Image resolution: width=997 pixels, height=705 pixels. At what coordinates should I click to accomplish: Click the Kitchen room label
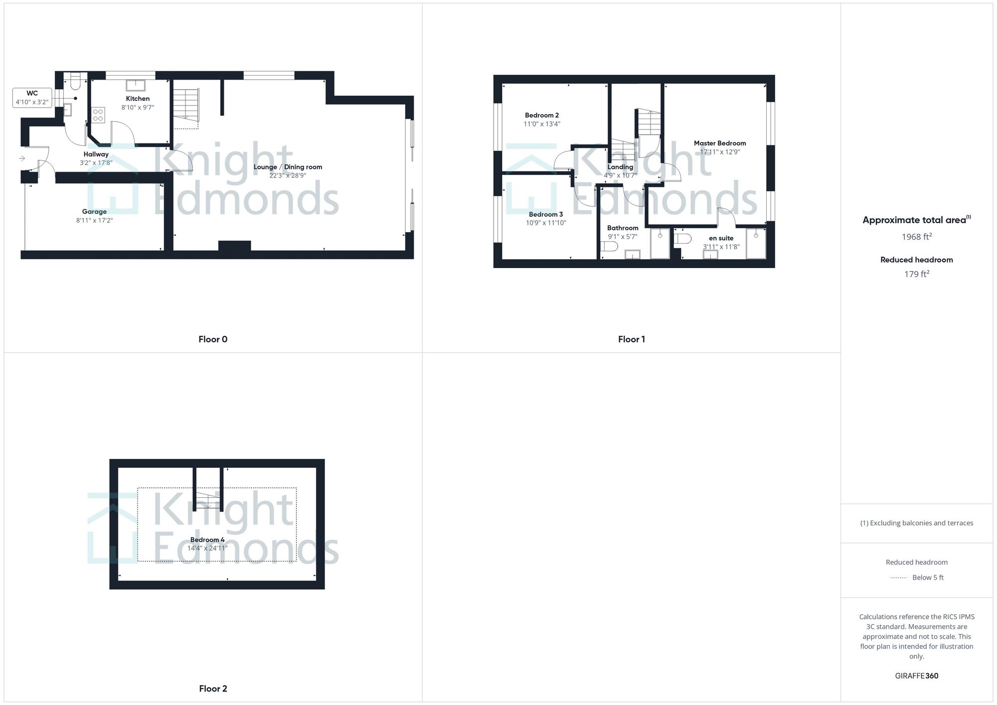138,99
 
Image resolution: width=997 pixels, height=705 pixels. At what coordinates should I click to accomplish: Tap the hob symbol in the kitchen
98,115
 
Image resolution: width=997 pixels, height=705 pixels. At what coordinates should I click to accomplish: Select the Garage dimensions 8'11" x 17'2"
94,220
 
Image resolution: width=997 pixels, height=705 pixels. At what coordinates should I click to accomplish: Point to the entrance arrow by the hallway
22,158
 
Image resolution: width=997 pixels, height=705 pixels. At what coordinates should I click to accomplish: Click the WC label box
32,97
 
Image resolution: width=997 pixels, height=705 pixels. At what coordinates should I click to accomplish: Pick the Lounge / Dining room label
288,167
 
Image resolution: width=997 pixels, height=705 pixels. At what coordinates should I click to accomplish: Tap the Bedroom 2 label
541,115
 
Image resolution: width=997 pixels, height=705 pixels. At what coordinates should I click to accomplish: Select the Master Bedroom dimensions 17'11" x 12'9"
720,152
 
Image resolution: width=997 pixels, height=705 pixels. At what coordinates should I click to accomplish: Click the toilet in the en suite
682,239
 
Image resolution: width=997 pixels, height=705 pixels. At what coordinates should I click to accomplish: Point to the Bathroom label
622,228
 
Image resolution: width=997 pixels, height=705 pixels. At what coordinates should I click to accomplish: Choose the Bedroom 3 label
546,214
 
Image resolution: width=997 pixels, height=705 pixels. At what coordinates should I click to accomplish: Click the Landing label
620,167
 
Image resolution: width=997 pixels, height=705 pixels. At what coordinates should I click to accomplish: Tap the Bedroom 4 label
207,540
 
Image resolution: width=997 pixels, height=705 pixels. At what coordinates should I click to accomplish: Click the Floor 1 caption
631,339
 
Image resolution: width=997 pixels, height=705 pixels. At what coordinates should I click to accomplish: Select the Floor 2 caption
213,689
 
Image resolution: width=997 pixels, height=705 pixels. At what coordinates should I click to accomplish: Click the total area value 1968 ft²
916,237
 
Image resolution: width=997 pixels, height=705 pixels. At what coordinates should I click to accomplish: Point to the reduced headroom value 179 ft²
916,274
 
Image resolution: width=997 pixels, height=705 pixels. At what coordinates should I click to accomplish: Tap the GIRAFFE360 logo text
916,676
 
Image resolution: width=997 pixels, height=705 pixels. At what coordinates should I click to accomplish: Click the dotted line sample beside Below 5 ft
898,578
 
